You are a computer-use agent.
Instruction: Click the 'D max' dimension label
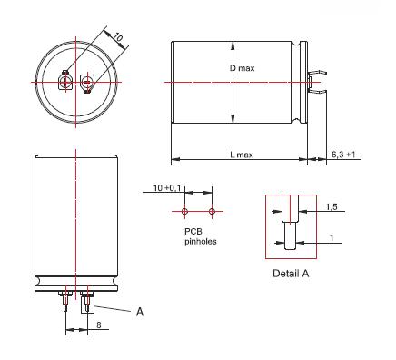pyautogui.click(x=242, y=68)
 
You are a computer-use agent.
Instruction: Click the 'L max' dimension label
pyautogui.click(x=242, y=155)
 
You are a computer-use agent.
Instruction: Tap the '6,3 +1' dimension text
pyautogui.click(x=343, y=155)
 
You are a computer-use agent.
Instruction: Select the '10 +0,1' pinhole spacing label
pyautogui.click(x=167, y=188)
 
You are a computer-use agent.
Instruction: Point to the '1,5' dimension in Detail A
pyautogui.click(x=332, y=207)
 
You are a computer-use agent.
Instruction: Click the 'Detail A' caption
pyautogui.click(x=291, y=274)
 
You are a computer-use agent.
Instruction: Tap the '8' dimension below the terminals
pyautogui.click(x=99, y=325)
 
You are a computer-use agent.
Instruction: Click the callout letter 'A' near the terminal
pyautogui.click(x=140, y=312)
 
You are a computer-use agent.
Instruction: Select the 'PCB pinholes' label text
pyautogui.click(x=201, y=236)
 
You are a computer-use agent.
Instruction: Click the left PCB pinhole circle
pyautogui.click(x=184, y=211)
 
